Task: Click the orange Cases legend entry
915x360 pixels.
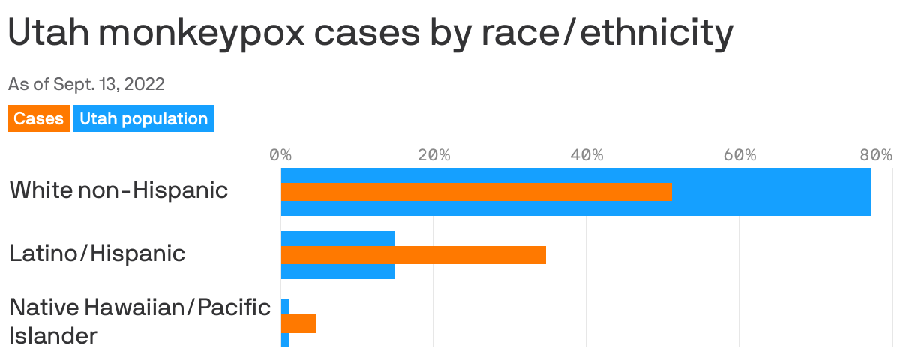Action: click(x=39, y=118)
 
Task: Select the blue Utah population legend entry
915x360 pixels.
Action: click(x=143, y=118)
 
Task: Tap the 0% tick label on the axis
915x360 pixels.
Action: click(x=280, y=155)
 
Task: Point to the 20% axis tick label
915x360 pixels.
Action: click(x=433, y=155)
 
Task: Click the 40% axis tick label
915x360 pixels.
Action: click(x=586, y=155)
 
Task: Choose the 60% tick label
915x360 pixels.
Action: click(x=739, y=155)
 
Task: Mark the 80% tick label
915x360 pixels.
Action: click(x=876, y=155)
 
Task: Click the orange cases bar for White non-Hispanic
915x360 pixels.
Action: click(x=476, y=192)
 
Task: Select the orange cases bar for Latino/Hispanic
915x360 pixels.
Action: click(x=413, y=255)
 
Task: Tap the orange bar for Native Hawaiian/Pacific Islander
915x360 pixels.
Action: click(x=298, y=323)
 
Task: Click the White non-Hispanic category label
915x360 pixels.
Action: click(x=118, y=190)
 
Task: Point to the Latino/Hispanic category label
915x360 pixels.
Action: click(x=97, y=253)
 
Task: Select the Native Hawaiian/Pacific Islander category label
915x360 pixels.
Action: click(x=139, y=320)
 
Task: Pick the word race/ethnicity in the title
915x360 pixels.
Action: click(x=596, y=34)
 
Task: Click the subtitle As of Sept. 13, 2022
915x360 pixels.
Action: click(x=86, y=84)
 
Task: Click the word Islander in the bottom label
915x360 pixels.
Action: click(x=53, y=335)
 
